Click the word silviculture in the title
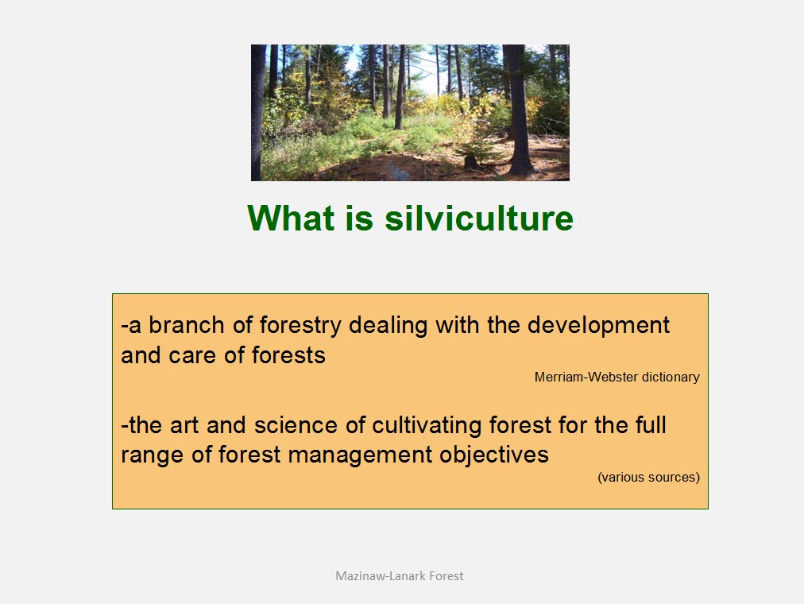tap(479, 218)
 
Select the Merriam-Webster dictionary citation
tap(617, 377)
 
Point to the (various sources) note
tap(648, 477)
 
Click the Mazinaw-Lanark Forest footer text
tap(400, 576)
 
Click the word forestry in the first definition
tap(300, 326)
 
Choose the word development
tap(598, 326)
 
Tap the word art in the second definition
tap(184, 426)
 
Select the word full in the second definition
tap(651, 425)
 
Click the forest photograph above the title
tap(410, 113)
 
